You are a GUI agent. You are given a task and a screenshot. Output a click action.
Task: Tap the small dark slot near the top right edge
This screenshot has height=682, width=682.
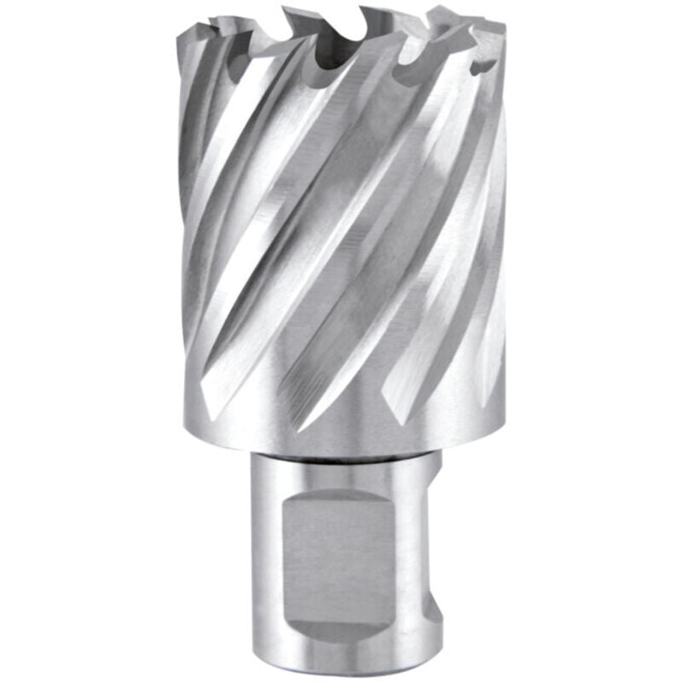pyautogui.click(x=484, y=65)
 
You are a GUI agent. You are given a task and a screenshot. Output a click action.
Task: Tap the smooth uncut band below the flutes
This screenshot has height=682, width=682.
pyautogui.click(x=341, y=431)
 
